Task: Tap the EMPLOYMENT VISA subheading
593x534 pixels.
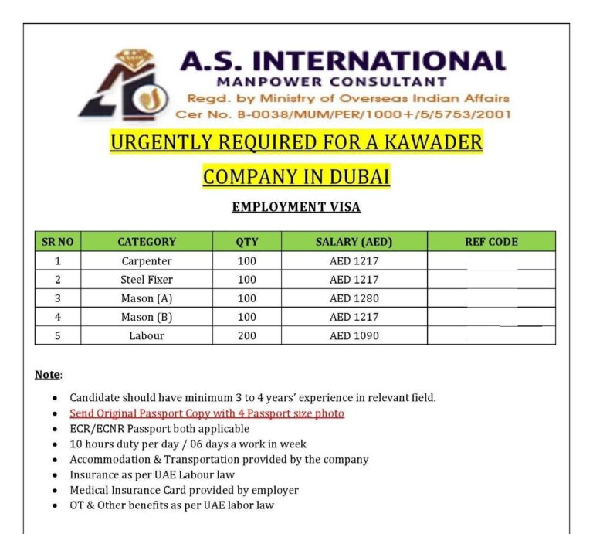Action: click(296, 207)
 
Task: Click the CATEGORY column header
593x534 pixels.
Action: click(147, 242)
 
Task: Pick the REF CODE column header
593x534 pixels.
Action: click(491, 242)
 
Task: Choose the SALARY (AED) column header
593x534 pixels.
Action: click(354, 242)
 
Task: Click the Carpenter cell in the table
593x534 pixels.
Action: click(147, 261)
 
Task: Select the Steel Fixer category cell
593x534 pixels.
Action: click(147, 280)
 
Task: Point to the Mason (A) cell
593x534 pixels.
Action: click(147, 298)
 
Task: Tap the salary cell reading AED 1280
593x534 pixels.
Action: click(354, 298)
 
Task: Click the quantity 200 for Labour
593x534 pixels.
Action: click(246, 336)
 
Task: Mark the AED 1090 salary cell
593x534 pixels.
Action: click(354, 336)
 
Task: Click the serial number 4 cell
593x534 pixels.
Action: click(57, 317)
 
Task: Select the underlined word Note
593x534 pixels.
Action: click(47, 375)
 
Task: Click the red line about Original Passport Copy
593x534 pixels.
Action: click(207, 413)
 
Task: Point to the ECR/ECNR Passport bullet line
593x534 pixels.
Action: click(159, 428)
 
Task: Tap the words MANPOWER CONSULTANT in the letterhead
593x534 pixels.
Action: click(331, 81)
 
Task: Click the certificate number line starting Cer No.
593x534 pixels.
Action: click(343, 114)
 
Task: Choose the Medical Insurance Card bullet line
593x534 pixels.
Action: click(184, 490)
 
